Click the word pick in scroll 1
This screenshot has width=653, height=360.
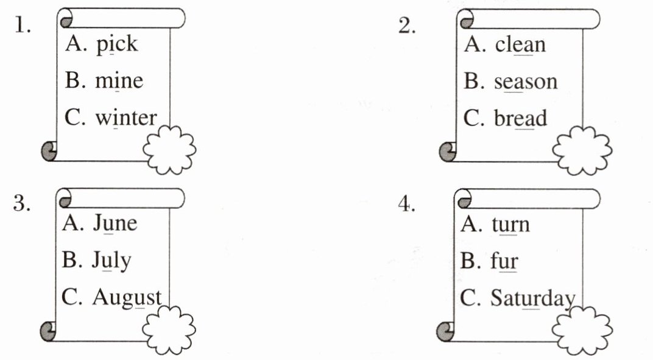(117, 45)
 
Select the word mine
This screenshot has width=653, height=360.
(119, 81)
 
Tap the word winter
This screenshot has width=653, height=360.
(126, 118)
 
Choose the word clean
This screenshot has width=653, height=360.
(520, 45)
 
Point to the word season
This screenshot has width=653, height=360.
(525, 82)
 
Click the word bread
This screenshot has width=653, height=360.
(521, 119)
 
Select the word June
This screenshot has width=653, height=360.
(115, 224)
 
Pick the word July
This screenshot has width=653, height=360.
(111, 261)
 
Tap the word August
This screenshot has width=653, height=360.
(127, 298)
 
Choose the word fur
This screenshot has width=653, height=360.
(504, 262)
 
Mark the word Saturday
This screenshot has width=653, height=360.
(532, 299)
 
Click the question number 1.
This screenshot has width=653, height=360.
(23, 27)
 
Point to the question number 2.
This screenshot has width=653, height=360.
(408, 27)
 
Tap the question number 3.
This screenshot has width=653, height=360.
(22, 204)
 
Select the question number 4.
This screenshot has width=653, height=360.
(406, 205)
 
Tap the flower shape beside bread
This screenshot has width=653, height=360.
(582, 150)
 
